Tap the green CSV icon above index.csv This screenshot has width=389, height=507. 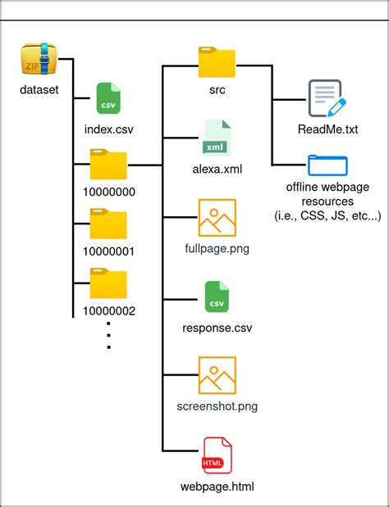(108, 102)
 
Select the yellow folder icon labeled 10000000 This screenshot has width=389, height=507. (108, 166)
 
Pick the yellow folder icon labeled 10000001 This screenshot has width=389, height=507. (108, 225)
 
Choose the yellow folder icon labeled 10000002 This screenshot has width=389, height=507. (108, 284)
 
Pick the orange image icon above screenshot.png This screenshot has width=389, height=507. (217, 376)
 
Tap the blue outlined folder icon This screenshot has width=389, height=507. (327, 165)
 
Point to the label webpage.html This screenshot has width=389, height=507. (217, 487)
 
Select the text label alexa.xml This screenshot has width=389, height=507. (217, 170)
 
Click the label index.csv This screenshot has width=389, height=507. (108, 129)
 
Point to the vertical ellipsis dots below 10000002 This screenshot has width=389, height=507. (108, 337)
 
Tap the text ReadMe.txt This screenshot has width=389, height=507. (327, 129)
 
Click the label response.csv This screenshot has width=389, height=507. (217, 328)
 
